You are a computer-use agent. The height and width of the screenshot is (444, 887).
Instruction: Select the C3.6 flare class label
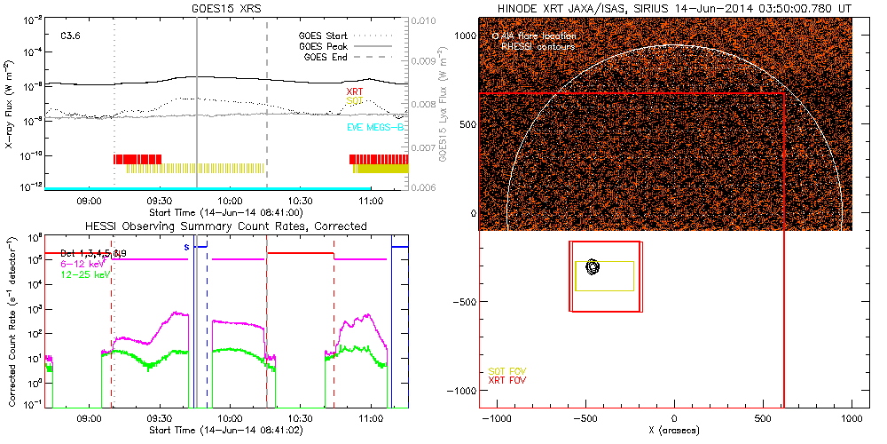[71, 36]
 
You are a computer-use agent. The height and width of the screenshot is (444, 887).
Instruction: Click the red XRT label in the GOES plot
[354, 91]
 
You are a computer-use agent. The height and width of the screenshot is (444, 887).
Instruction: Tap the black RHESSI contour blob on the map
[593, 266]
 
